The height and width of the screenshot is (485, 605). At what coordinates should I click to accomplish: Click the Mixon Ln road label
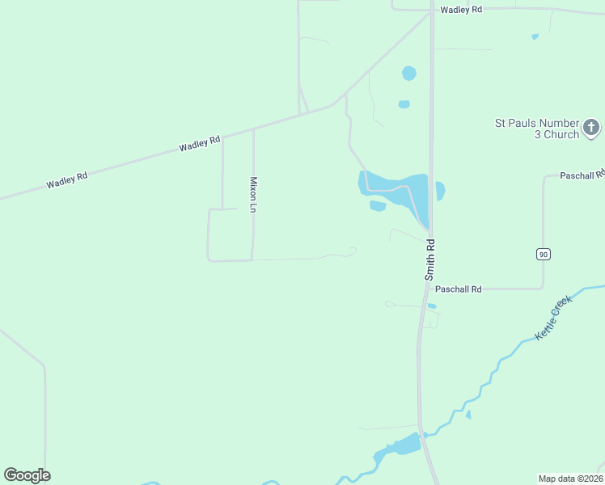[x=253, y=195]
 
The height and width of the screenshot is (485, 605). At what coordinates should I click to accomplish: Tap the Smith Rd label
[x=430, y=259]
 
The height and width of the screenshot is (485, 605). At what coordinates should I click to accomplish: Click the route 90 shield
[x=543, y=254]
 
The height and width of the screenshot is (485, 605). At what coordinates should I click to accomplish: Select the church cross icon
[x=591, y=127]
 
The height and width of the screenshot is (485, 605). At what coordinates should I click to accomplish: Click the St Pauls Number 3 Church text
[x=537, y=129]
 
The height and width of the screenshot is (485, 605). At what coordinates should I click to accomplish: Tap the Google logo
[x=27, y=475]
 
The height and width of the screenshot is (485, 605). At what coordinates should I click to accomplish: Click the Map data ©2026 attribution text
[x=570, y=478]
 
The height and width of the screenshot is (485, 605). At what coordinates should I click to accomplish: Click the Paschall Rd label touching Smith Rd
[x=458, y=289]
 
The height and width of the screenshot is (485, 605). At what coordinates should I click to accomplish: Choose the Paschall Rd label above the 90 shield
[x=582, y=175]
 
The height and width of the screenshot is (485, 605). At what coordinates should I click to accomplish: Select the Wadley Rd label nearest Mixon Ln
[x=200, y=144]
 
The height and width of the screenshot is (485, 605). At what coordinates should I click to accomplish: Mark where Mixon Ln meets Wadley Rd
[x=253, y=129]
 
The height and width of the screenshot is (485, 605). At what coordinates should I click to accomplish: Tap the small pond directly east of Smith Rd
[x=440, y=192]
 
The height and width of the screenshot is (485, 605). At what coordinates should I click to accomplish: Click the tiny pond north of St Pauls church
[x=535, y=36]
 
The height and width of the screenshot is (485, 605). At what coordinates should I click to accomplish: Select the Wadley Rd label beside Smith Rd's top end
[x=461, y=9]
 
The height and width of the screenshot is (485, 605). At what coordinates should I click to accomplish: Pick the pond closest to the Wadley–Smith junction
[x=409, y=74]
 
